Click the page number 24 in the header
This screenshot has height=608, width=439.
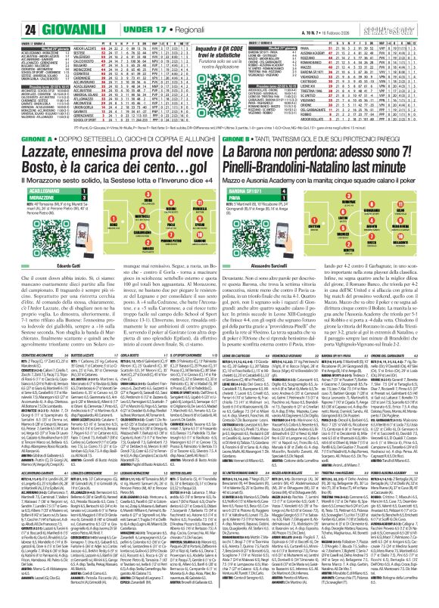(x=12, y=10)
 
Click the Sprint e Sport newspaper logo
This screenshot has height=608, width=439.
(x=410, y=9)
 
